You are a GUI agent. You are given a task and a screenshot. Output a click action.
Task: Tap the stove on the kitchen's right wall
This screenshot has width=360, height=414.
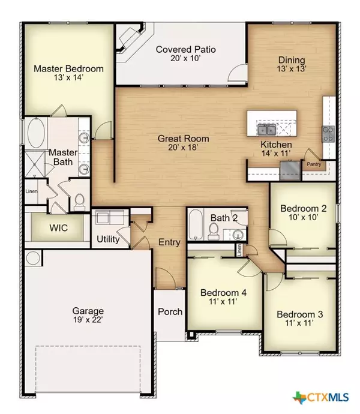(x=329, y=132)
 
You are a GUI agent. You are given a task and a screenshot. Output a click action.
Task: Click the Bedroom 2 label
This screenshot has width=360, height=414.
(x=303, y=214)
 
